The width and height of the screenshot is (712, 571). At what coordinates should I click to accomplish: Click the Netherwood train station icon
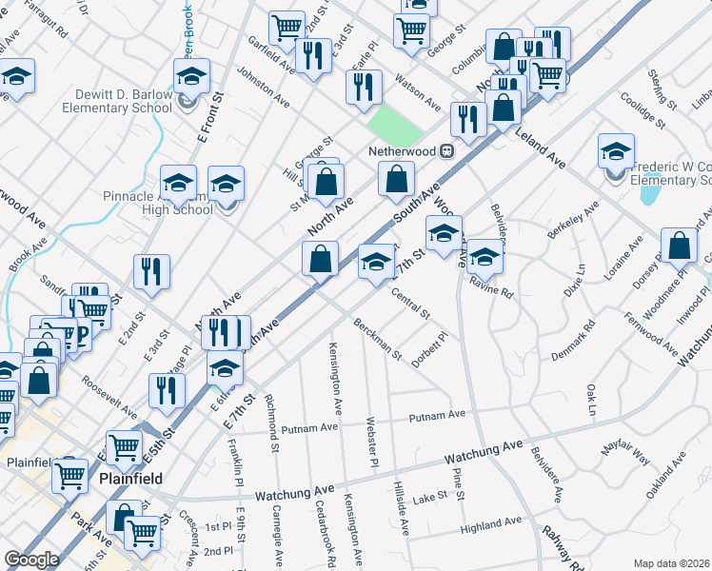tap(445, 151)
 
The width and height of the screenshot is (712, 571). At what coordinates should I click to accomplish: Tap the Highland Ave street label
tap(491, 522)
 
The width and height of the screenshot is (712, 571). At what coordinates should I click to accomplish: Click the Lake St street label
tap(430, 497)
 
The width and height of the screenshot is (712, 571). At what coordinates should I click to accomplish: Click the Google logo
tap(31, 560)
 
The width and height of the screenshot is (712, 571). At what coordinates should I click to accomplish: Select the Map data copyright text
tap(671, 563)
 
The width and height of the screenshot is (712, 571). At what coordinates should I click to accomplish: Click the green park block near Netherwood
tap(386, 123)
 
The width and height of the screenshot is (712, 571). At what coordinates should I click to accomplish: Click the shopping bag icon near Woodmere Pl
tap(681, 246)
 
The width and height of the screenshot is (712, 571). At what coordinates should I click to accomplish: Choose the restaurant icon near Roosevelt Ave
tap(167, 391)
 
